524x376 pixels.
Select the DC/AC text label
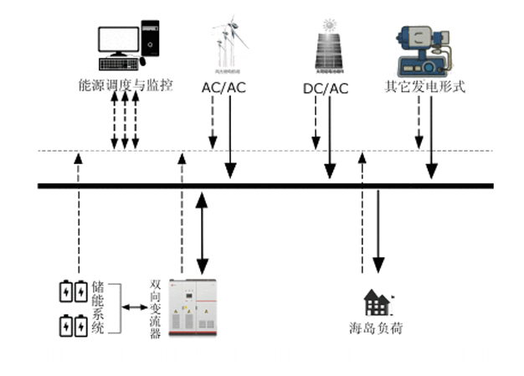coord(326,88)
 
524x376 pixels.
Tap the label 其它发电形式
coord(424,85)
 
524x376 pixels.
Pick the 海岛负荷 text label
coord(376,328)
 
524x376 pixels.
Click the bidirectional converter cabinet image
coord(193,307)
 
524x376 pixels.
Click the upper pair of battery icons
coord(72,291)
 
